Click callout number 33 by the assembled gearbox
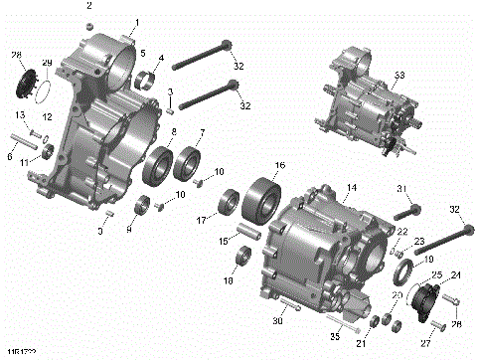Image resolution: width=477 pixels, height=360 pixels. tap(399, 75)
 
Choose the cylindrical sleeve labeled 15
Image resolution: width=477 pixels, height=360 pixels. tap(245, 240)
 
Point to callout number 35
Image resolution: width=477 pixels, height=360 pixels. tap(336, 336)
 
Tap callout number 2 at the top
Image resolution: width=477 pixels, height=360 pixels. tap(88, 6)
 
